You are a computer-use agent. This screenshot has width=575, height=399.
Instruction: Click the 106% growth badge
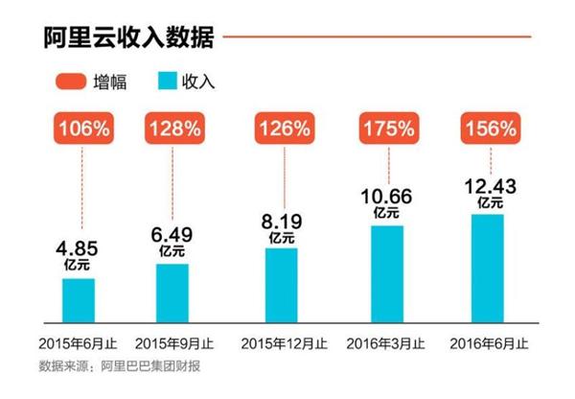pos(79,128)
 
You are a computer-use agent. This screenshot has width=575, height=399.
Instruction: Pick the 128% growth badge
pos(172,128)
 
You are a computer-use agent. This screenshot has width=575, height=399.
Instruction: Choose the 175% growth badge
pos(387,128)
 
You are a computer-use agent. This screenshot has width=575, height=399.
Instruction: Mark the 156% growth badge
pos(493,128)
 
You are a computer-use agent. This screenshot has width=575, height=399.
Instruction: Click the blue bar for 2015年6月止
pos(79,299)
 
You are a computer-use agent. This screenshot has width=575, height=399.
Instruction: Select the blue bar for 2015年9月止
pos(172,292)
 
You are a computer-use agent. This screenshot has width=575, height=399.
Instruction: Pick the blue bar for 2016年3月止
pos(387,272)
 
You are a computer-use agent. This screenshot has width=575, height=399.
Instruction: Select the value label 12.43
pos(493,187)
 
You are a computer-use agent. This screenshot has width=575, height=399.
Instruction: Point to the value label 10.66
pos(387,199)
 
